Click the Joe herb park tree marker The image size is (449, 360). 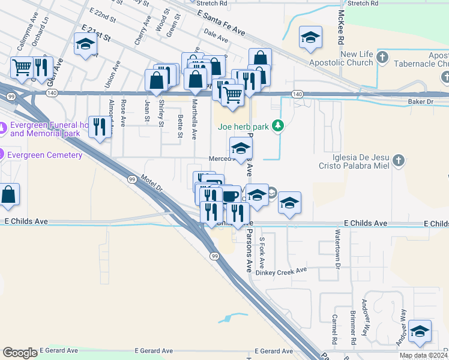(277, 126)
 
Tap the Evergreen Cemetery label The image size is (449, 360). (45, 155)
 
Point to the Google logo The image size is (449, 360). (20, 353)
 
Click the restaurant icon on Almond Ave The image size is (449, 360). (100, 127)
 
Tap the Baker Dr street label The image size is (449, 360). (420, 102)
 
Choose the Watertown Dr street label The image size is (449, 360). (338, 248)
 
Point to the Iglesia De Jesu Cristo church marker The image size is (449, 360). (399, 160)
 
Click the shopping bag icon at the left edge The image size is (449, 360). (8, 195)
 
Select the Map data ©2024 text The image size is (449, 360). (423, 355)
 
